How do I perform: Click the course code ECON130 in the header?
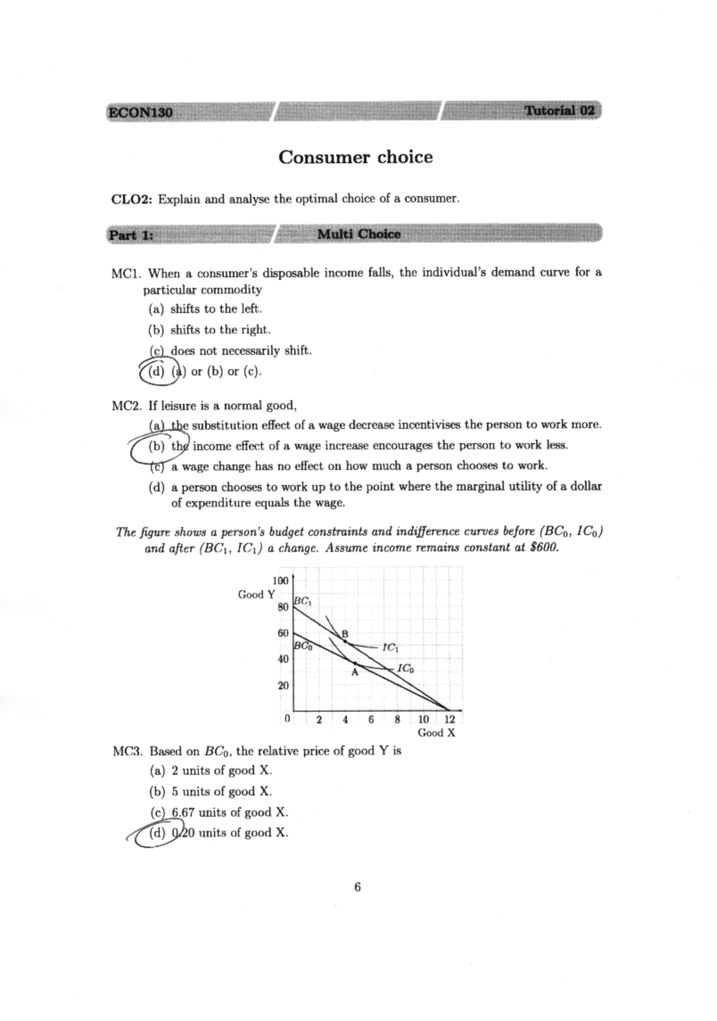click(140, 112)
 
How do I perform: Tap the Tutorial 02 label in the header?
click(559, 111)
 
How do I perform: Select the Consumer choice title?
click(356, 157)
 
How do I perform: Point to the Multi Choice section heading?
click(358, 234)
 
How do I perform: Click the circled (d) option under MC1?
click(157, 372)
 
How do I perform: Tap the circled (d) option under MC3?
click(158, 833)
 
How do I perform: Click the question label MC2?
click(127, 406)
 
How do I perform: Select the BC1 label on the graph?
click(302, 602)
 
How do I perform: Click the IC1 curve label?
click(390, 647)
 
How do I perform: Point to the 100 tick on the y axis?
click(280, 581)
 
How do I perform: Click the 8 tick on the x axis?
click(397, 719)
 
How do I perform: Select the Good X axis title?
click(436, 733)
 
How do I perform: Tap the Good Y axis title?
click(256, 594)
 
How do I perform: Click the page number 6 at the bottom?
click(357, 887)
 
